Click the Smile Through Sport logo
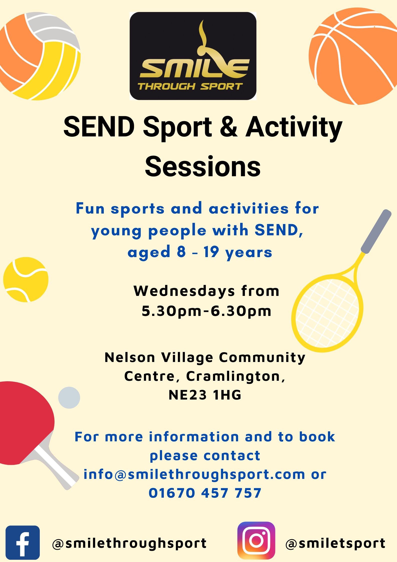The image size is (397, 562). tap(193, 56)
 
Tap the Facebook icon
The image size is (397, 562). tap(23, 542)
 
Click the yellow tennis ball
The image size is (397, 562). tap(26, 280)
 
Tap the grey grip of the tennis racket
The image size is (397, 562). tap(376, 232)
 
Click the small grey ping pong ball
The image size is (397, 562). tap(69, 398)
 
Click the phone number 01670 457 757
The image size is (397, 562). tap(205, 493)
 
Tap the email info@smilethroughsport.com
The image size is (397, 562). tap(194, 474)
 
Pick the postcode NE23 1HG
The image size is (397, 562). tap(205, 395)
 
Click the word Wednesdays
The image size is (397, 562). tap(184, 291)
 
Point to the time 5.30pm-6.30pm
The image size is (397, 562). tap(206, 311)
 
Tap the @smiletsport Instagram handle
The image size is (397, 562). tap(335, 543)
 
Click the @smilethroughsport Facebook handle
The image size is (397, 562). tap(129, 543)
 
